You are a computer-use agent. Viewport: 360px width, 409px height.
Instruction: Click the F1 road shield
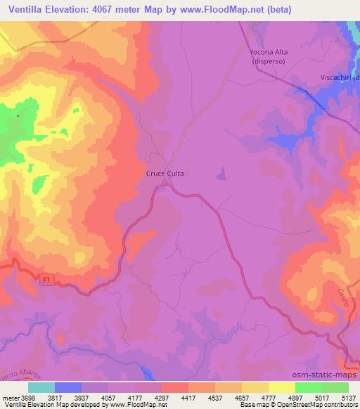tap(46, 280)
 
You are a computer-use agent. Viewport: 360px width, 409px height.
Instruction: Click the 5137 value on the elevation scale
tap(349, 397)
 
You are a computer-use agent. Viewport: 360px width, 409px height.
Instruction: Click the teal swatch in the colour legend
tap(41, 387)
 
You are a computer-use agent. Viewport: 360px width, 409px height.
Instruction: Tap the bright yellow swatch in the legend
tap(281, 387)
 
